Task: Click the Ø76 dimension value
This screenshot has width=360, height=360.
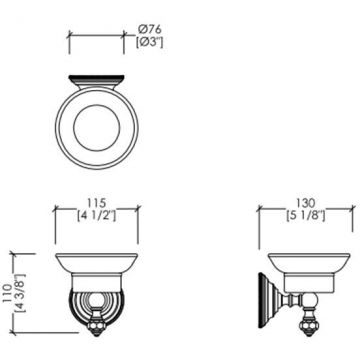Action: click(149, 29)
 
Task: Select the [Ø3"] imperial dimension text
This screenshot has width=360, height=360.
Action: click(150, 42)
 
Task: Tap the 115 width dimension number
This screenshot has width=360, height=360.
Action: click(96, 203)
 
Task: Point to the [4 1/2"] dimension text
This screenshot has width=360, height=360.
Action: click(96, 216)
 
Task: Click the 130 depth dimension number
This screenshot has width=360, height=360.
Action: click(305, 203)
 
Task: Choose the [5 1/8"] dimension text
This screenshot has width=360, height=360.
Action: click(305, 216)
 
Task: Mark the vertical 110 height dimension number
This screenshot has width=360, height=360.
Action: click(7, 292)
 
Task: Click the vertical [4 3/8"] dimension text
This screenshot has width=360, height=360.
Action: click(19, 293)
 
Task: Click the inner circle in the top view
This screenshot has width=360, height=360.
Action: click(96, 128)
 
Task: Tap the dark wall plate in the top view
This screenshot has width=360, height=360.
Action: click(96, 80)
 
